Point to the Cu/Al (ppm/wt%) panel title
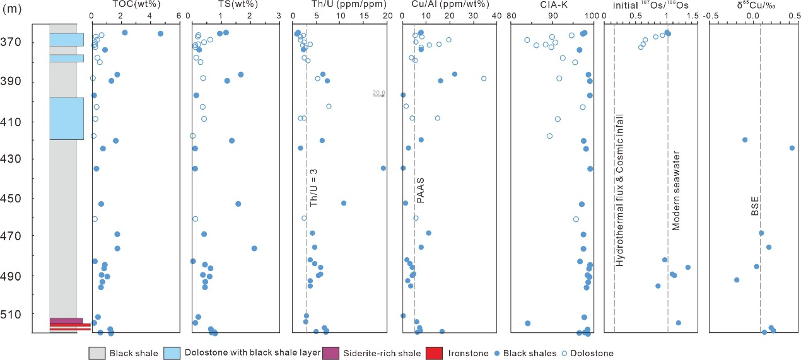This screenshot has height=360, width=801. point(441,6)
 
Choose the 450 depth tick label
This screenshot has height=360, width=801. point(28,198)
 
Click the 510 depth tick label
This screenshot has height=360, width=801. point(28,314)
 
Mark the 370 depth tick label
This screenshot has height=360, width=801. point(28,43)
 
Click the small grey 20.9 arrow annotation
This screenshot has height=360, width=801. point(378,94)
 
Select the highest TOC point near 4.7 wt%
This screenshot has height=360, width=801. point(160,33)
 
